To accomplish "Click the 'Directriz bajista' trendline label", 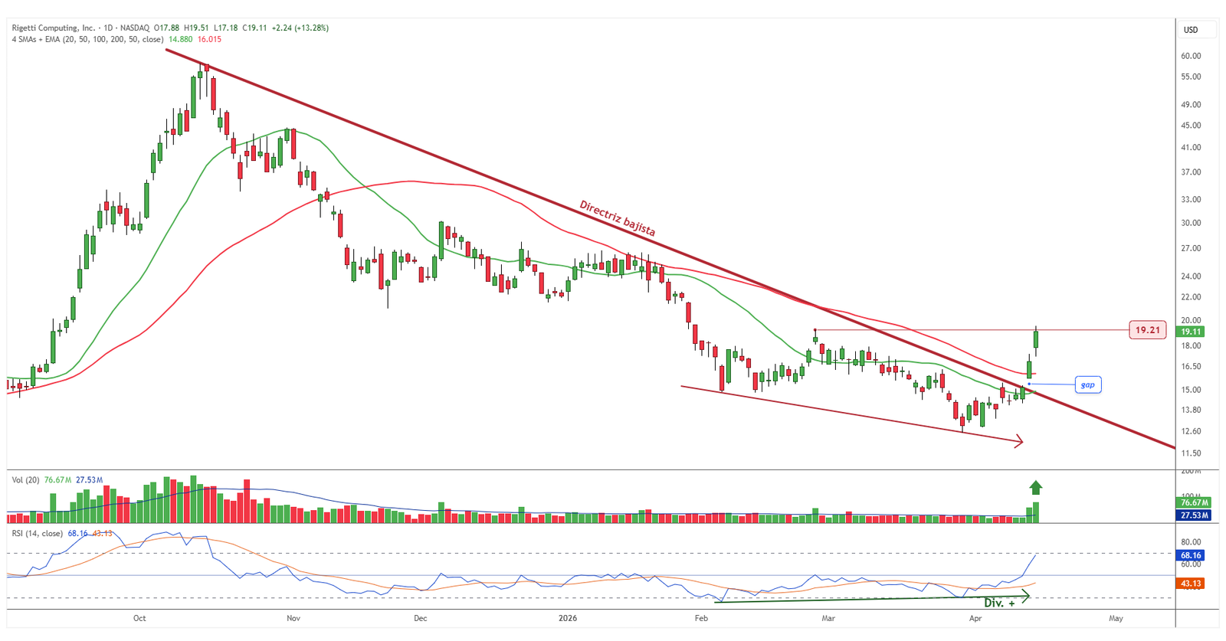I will coord(617,218).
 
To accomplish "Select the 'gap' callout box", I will coord(1088,385).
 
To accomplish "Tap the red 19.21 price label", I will coord(1147,330).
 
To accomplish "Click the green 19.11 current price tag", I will coord(1191,332).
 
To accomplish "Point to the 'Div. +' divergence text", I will coord(999,603).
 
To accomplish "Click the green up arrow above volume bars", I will coord(1036,487).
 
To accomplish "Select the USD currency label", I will coord(1191,30).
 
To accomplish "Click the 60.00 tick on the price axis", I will coord(1191,56).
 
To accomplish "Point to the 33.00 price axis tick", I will coord(1191,199).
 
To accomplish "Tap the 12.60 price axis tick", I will coord(1191,431).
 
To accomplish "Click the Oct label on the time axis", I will coord(139,618).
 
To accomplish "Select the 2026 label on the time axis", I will coord(568,618).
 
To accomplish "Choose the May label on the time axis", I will coord(1116,618).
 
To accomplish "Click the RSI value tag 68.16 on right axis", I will coord(1191,555).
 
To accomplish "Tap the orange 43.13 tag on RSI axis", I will coord(1191,584).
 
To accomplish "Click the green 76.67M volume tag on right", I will coord(1194,502).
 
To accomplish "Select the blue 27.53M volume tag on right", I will coord(1194,515).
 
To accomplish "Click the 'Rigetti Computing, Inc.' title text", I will coord(53,28).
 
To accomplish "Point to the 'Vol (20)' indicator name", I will coord(25,480).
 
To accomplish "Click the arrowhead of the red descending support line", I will coord(1019,441).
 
